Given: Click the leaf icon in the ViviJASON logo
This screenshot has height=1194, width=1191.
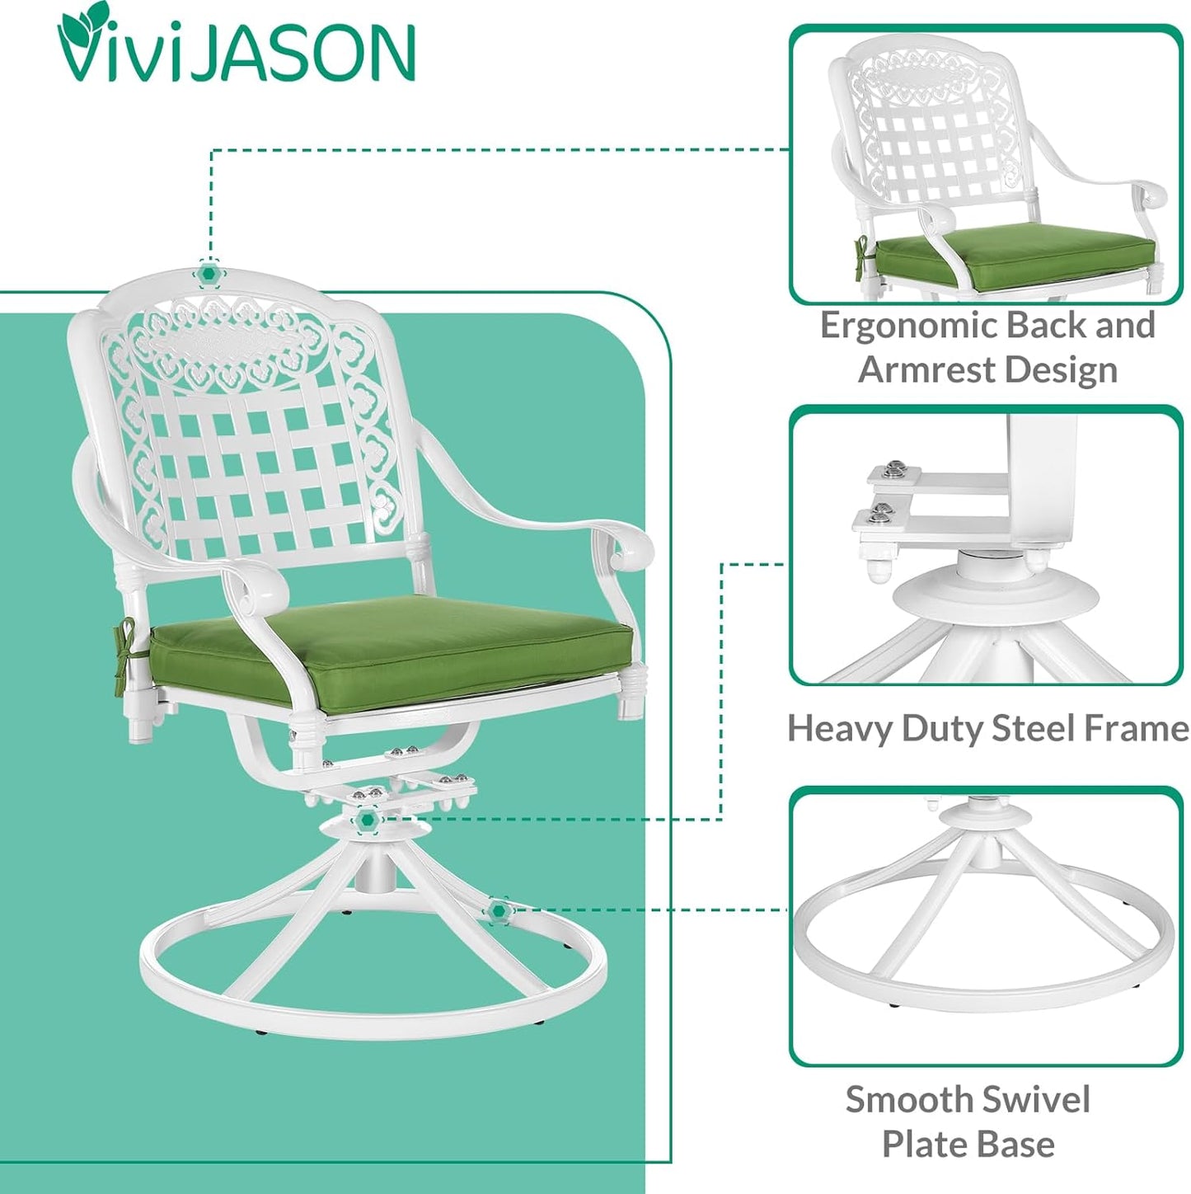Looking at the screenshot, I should (76, 25).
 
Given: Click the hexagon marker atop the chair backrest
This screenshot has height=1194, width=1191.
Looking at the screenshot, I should (209, 274).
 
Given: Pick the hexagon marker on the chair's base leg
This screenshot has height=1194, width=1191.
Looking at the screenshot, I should (498, 911).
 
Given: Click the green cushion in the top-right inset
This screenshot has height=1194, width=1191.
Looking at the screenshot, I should (1014, 257).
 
